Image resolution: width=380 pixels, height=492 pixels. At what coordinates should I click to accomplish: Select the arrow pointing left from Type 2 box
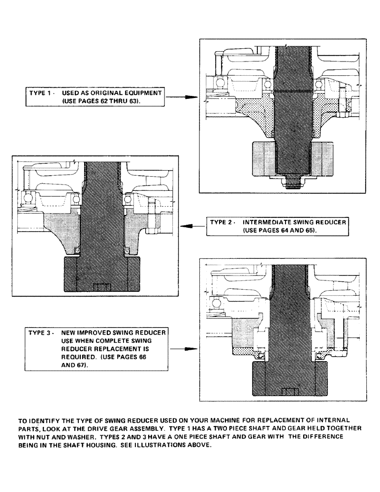(x=192, y=226)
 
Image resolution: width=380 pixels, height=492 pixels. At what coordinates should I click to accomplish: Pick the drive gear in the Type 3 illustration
(x=290, y=379)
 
